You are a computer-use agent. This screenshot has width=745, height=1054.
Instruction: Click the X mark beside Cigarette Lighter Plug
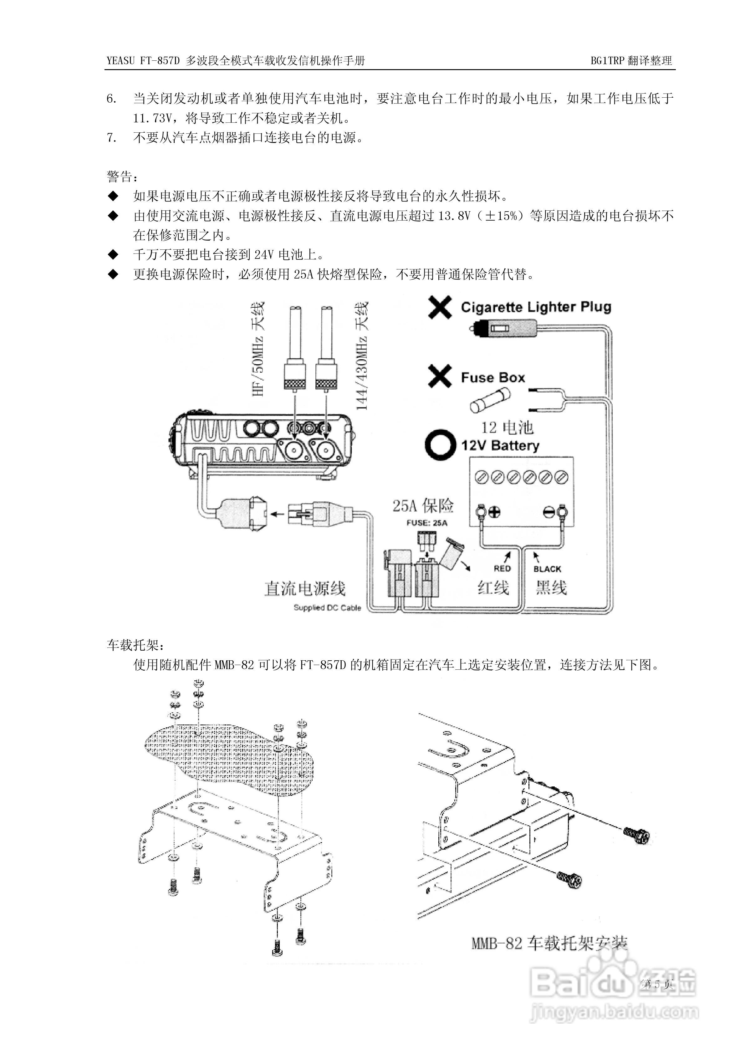[440, 307]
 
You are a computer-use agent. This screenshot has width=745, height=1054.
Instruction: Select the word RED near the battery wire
[502, 569]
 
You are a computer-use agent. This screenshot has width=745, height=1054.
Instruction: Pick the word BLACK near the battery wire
[547, 569]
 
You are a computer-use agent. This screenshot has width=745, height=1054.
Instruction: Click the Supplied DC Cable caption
[327, 608]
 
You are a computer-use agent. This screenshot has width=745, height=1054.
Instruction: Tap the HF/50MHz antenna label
[258, 349]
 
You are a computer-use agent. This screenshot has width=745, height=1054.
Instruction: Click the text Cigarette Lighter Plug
[536, 307]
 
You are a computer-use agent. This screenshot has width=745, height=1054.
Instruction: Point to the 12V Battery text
[500, 445]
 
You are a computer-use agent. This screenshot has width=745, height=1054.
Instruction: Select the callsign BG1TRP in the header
[608, 61]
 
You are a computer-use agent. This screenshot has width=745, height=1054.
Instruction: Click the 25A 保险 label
[423, 505]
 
